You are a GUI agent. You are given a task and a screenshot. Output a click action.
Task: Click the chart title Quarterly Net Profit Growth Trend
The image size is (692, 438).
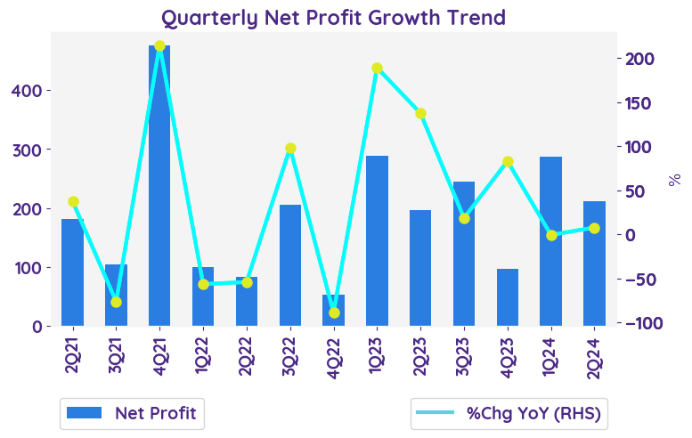point(333,17)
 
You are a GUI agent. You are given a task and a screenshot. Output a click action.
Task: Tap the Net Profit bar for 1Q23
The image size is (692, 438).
point(377,240)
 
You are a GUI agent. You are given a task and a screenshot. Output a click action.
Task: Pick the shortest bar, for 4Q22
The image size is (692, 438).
point(333,310)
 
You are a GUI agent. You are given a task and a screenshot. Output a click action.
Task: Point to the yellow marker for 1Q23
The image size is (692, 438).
point(377,69)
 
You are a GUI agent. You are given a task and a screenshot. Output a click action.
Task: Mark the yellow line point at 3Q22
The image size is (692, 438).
point(290,149)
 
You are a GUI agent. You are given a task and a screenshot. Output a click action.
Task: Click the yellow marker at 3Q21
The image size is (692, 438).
point(116,302)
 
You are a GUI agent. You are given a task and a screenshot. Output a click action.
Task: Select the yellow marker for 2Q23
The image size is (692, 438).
point(420,113)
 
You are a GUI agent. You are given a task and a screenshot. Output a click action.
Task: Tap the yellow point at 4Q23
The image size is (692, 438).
point(508,161)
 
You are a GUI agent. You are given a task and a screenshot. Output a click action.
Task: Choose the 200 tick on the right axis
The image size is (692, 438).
point(640,59)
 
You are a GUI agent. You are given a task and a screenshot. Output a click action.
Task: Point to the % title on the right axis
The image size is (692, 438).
point(674,180)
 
